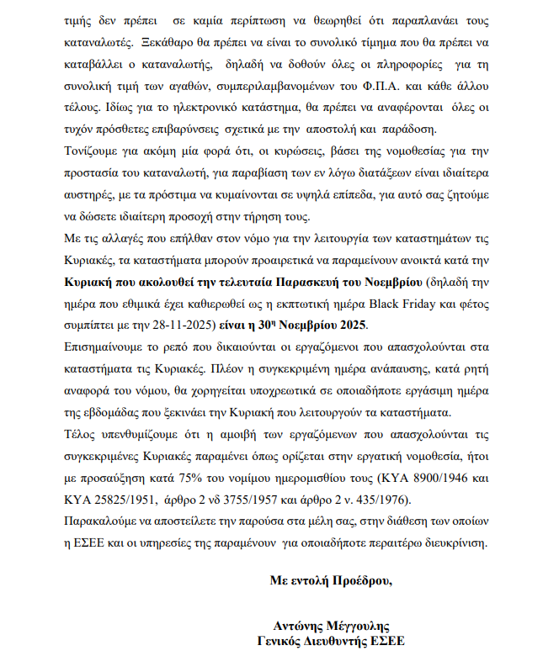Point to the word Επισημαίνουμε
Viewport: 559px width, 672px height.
pyautogui.click(x=106, y=347)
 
